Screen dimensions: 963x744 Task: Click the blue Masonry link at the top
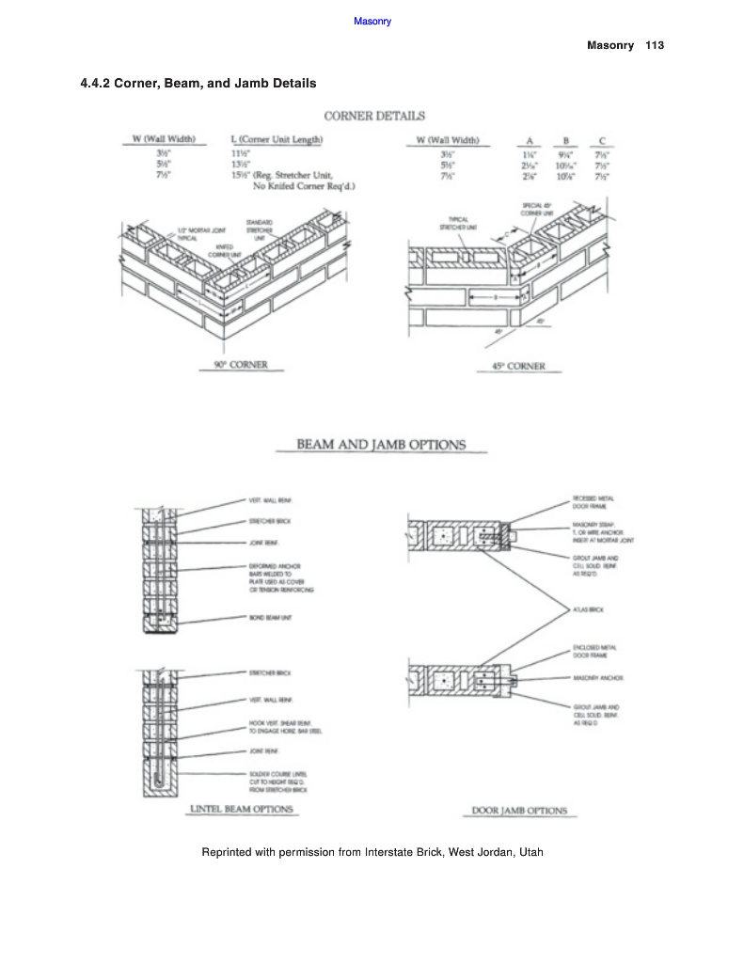[372, 21]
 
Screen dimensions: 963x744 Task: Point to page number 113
[655, 45]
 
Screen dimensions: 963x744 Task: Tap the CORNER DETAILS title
[374, 116]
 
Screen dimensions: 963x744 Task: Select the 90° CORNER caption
[235, 365]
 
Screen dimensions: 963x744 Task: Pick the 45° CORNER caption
[518, 366]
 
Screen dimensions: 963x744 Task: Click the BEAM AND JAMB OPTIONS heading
[381, 444]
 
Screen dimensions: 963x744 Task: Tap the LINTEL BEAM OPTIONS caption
[242, 809]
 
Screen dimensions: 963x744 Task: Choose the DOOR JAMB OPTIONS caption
[519, 811]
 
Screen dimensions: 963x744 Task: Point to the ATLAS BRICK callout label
[588, 609]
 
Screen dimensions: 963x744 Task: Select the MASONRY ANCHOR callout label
[598, 677]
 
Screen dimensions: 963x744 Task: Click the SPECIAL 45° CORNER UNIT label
[537, 209]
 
